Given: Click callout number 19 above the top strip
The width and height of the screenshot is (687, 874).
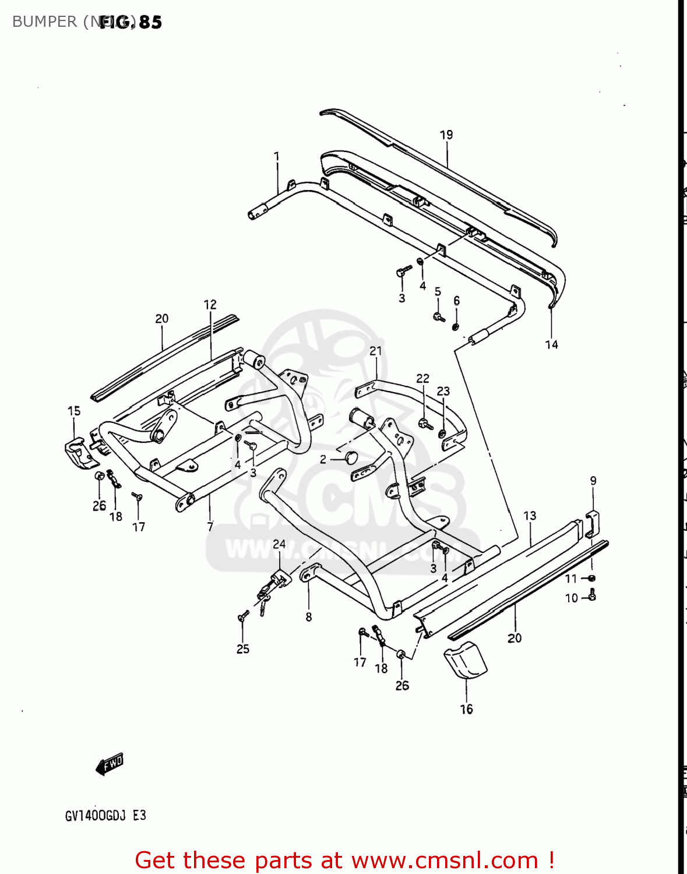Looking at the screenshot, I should (446, 135).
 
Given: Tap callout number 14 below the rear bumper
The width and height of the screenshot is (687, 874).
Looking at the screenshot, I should (551, 345).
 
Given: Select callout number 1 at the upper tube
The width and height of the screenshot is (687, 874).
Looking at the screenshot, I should (277, 157).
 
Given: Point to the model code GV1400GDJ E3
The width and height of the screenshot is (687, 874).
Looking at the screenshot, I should (105, 816).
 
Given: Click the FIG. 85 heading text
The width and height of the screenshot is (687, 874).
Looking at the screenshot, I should (131, 22).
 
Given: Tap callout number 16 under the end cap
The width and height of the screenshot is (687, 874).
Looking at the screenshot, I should (466, 709).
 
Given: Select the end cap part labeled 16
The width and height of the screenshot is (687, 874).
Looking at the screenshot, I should (466, 661).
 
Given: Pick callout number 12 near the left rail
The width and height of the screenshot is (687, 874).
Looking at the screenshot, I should (210, 305).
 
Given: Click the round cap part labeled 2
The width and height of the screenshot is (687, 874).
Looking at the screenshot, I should (351, 457).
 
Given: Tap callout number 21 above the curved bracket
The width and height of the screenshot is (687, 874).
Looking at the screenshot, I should (376, 351).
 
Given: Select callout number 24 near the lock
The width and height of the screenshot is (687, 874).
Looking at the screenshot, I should (279, 544).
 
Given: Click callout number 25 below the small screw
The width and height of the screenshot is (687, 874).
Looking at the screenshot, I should (242, 649).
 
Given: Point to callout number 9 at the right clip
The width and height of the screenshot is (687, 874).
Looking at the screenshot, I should (593, 481).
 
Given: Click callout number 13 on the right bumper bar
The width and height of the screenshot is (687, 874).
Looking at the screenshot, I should (530, 516).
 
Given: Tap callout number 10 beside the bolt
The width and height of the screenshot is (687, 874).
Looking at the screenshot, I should (571, 598).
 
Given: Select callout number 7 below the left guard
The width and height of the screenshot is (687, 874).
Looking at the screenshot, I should (210, 527).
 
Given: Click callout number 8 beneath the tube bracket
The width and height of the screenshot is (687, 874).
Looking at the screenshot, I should (308, 617).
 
